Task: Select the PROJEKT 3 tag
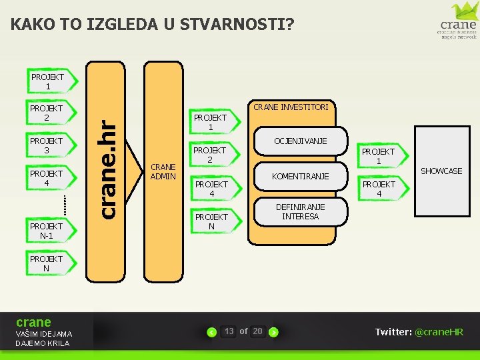(x=46, y=145)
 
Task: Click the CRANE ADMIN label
(x=163, y=171)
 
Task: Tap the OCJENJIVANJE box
(x=300, y=141)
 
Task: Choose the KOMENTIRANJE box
(x=300, y=176)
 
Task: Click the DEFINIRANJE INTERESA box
(x=300, y=212)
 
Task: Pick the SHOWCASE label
(x=441, y=171)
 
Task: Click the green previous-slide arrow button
(x=211, y=332)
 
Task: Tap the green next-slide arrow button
(x=273, y=332)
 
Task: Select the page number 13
(x=229, y=331)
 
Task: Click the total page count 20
(x=257, y=331)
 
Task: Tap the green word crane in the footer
(x=33, y=322)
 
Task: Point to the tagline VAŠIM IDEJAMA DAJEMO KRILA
(x=43, y=339)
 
